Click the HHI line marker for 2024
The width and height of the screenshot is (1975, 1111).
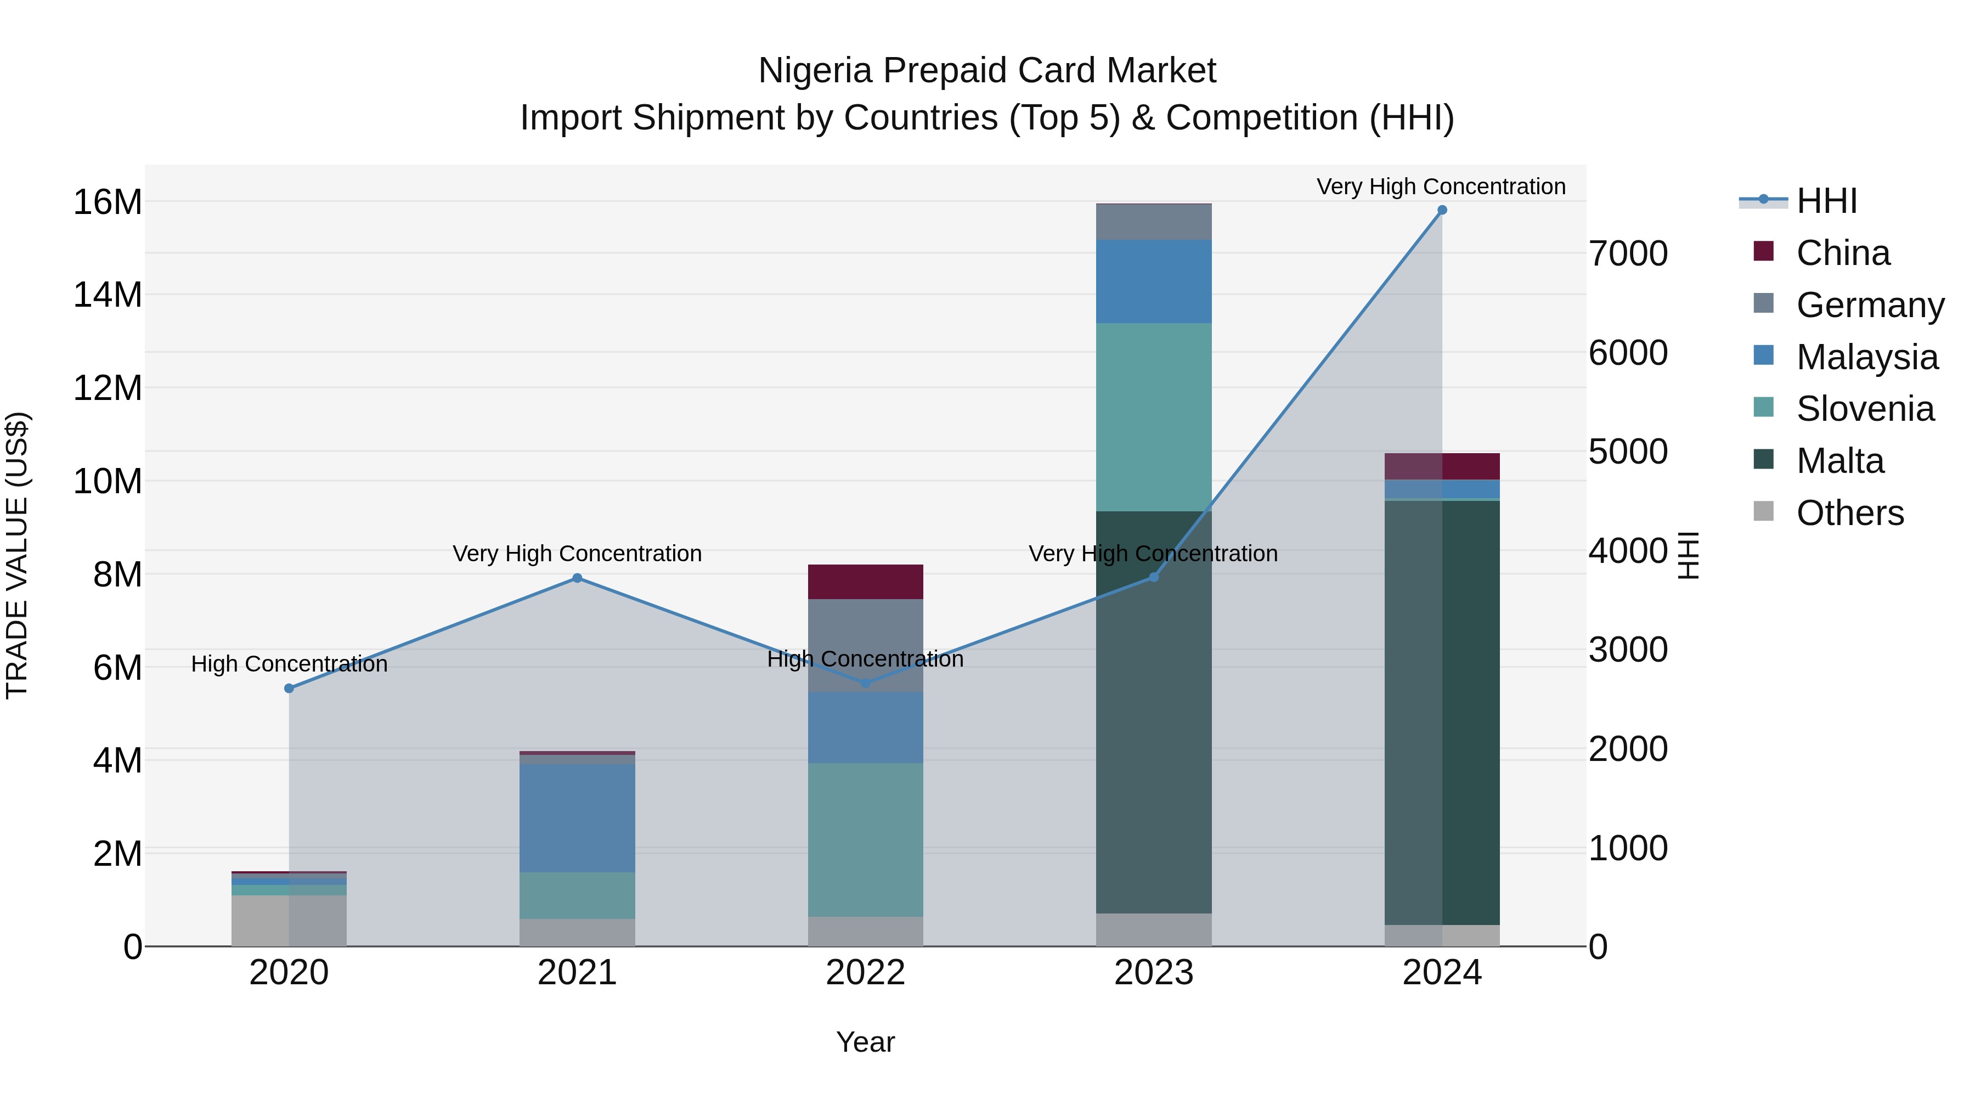[1441, 210]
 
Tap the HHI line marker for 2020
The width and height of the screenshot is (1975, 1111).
[289, 689]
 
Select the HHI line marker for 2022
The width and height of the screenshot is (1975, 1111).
[866, 683]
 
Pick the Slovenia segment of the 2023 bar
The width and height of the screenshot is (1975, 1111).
[1153, 416]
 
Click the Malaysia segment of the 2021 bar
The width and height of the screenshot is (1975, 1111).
[577, 817]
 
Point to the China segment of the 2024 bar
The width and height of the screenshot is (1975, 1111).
[1441, 466]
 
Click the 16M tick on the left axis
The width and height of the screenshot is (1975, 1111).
[108, 202]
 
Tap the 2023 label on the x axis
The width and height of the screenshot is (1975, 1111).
[1153, 973]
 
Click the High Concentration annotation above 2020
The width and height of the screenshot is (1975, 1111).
[289, 664]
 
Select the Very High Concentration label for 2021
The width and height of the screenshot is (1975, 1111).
[577, 554]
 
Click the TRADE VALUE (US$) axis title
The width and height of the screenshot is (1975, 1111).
[17, 555]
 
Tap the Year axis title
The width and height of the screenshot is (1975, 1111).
[866, 1042]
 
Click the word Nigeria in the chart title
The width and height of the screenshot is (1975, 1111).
[815, 71]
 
